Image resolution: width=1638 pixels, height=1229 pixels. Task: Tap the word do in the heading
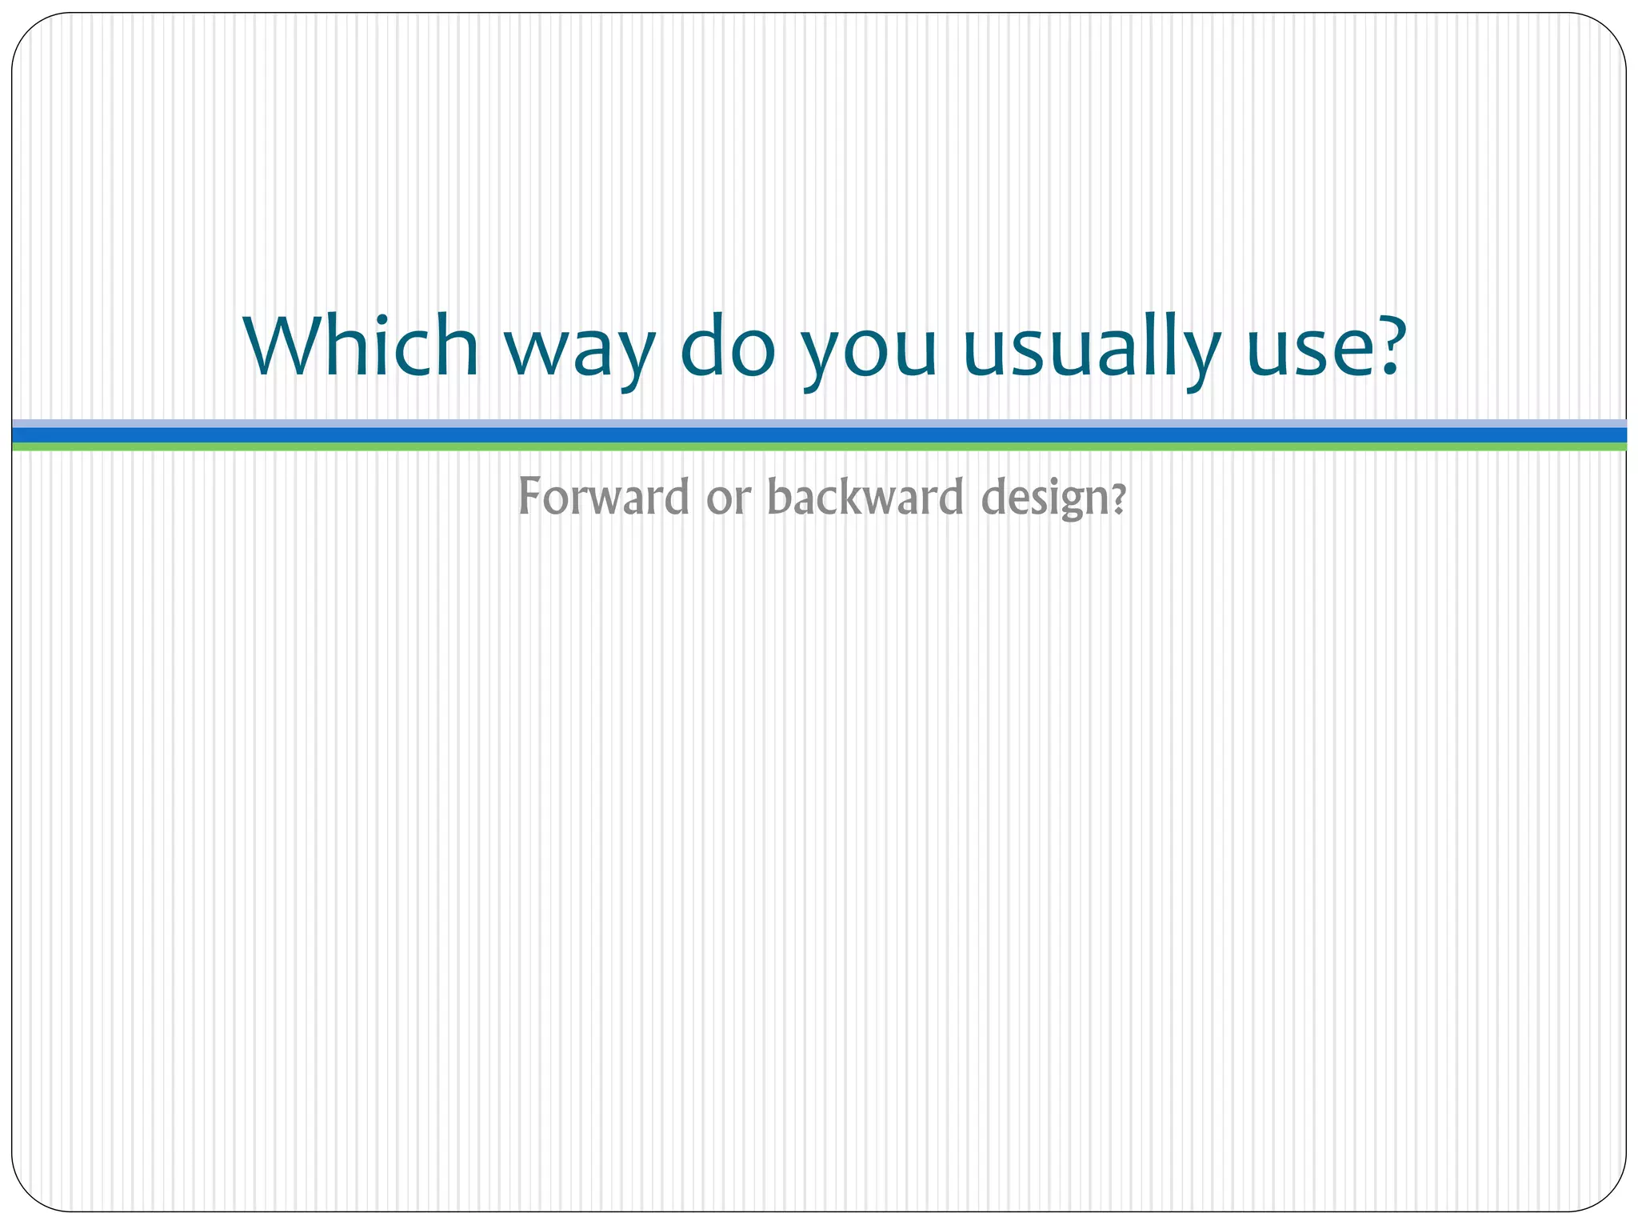728,346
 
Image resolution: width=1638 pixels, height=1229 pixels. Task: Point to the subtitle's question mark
1120,499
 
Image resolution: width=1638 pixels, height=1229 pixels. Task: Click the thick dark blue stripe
819,434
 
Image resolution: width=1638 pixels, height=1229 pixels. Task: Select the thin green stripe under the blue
819,446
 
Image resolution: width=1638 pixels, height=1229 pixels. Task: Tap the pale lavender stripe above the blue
819,423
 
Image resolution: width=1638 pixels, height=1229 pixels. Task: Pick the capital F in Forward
530,496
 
